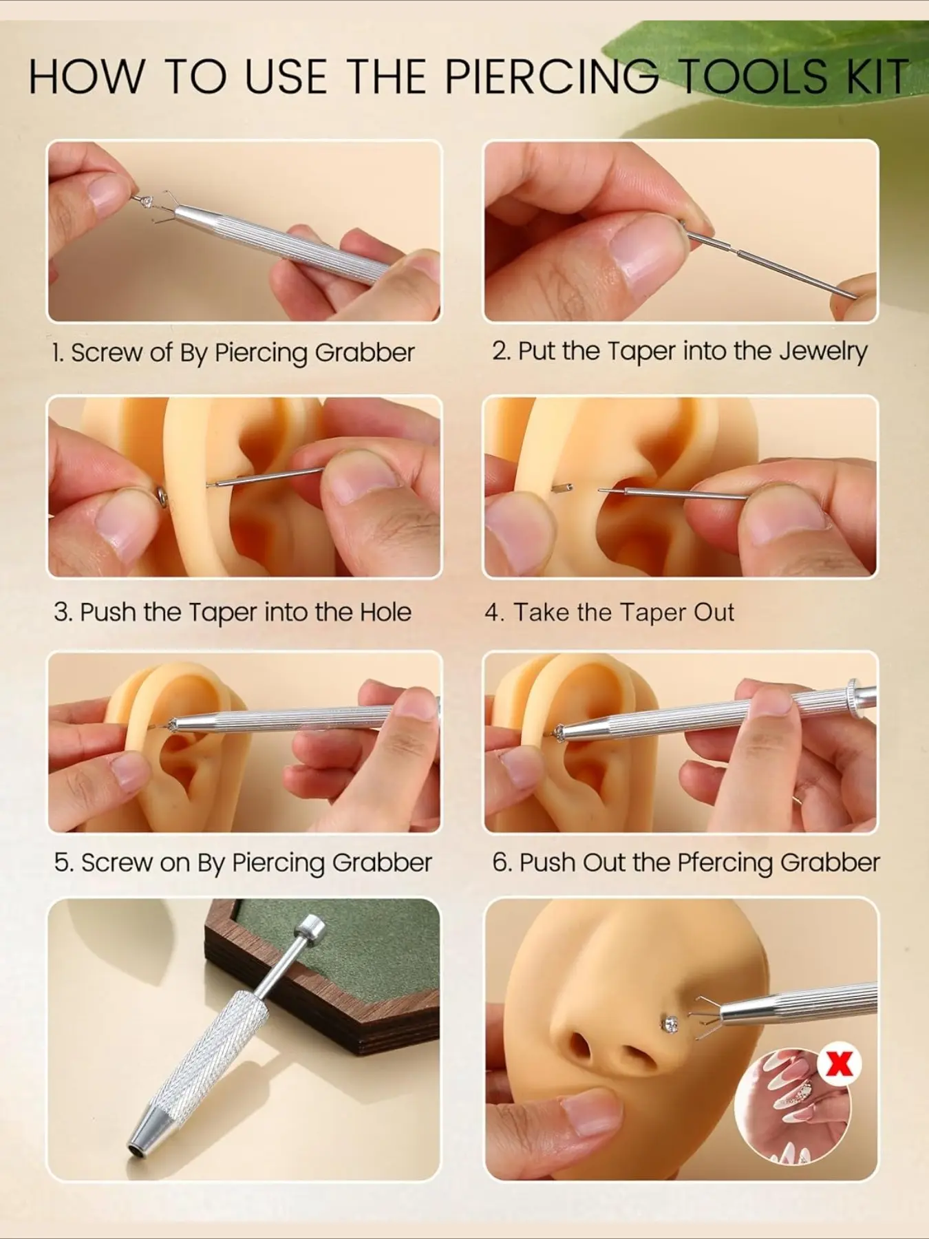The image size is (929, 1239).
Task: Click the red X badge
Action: click(x=839, y=1063)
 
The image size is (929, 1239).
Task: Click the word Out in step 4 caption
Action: click(x=714, y=612)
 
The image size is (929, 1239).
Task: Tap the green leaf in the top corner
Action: click(x=764, y=59)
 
